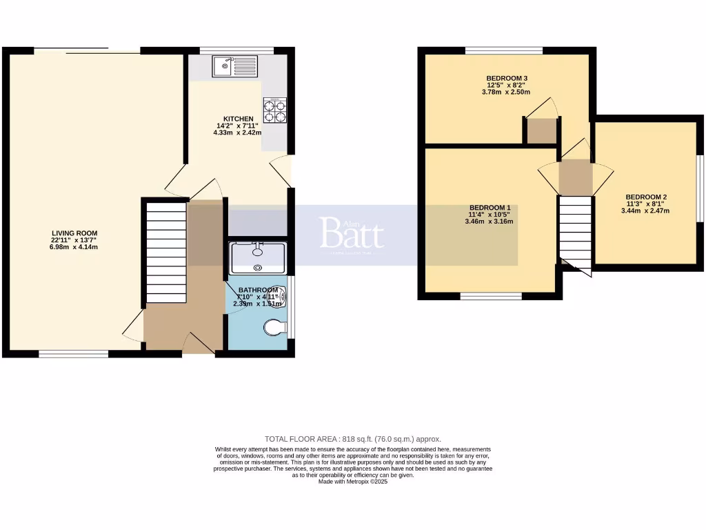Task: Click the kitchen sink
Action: [x=234, y=67]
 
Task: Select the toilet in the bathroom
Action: [x=275, y=328]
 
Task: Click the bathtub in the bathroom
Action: [x=257, y=257]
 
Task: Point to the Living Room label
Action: [x=74, y=233]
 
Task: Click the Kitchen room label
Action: [x=233, y=119]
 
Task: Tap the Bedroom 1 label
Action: [x=490, y=208]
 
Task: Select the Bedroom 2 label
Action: [x=646, y=197]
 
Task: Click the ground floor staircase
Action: [x=166, y=252]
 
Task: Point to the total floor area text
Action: [x=352, y=439]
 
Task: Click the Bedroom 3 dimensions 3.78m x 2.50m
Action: [x=507, y=92]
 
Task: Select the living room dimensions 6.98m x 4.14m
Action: [x=74, y=246]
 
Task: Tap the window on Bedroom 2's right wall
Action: [x=700, y=188]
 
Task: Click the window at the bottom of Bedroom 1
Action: [x=491, y=296]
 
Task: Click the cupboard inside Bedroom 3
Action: [x=541, y=130]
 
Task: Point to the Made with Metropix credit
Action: [x=353, y=482]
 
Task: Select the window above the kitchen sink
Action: [x=228, y=50]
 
